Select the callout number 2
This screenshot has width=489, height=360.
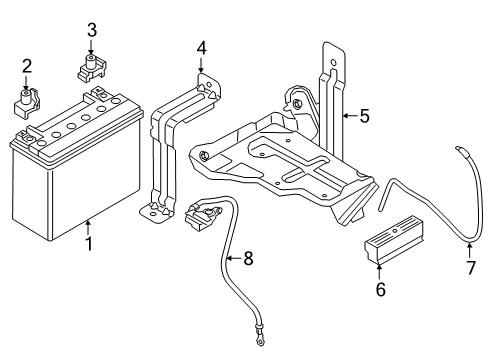27,67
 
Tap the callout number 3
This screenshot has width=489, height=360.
91,30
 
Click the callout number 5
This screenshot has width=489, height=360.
365,116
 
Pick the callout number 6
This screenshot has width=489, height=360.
380,289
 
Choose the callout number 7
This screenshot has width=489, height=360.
470,267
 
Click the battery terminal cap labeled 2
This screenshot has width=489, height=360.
28,101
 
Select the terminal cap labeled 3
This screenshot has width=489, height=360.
90,69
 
